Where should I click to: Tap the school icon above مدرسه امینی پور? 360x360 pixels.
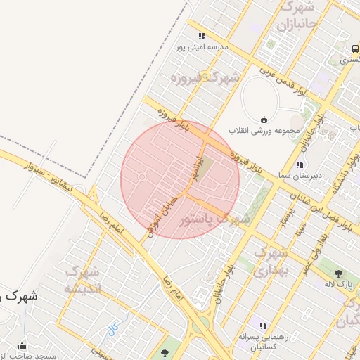pos(202,37)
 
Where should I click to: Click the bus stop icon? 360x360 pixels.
pos(355,48)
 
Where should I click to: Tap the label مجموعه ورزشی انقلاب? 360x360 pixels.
pos(264,131)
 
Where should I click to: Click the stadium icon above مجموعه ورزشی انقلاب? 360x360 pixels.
pos(264,119)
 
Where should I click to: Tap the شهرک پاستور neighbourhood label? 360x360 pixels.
pos(214,219)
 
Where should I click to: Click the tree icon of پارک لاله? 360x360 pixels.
pos(339,274)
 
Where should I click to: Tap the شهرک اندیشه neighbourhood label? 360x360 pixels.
pos(83,280)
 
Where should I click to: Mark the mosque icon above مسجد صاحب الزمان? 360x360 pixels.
pos(22,346)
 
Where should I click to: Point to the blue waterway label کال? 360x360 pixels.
pos(113,328)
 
